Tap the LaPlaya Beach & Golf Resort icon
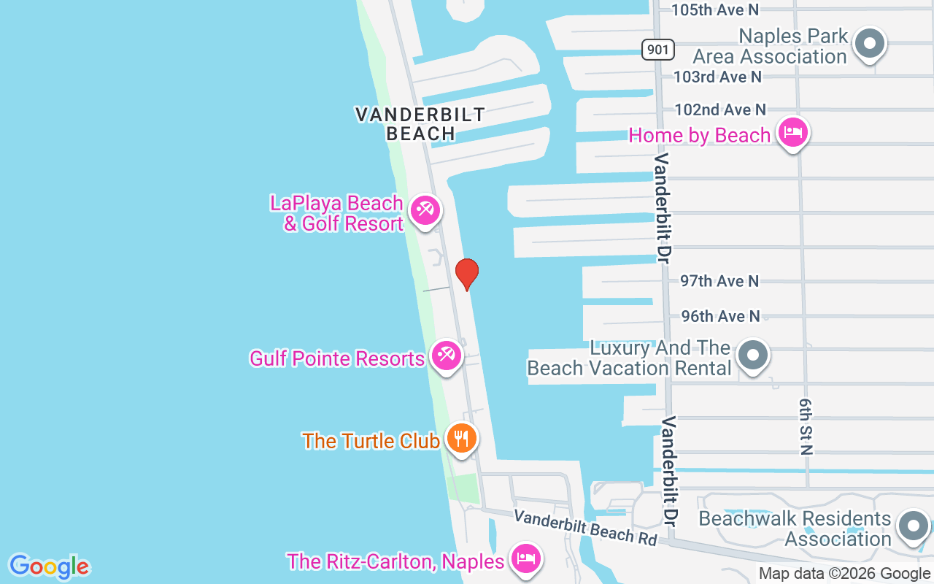click(x=424, y=210)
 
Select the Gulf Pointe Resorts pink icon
click(x=444, y=356)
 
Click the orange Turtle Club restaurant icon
click(x=461, y=438)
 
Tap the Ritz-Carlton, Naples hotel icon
click(x=525, y=558)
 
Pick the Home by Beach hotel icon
click(x=792, y=132)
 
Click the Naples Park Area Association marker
click(x=869, y=43)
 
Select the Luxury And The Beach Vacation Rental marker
click(x=753, y=356)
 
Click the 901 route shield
click(x=658, y=50)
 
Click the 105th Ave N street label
click(x=715, y=9)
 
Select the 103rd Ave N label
click(x=717, y=76)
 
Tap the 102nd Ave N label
click(x=720, y=109)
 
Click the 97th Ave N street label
click(x=719, y=281)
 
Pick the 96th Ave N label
click(x=720, y=316)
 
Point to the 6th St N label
click(x=805, y=427)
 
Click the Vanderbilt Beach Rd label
click(x=585, y=526)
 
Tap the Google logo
click(x=49, y=566)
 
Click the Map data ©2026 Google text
click(x=844, y=574)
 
